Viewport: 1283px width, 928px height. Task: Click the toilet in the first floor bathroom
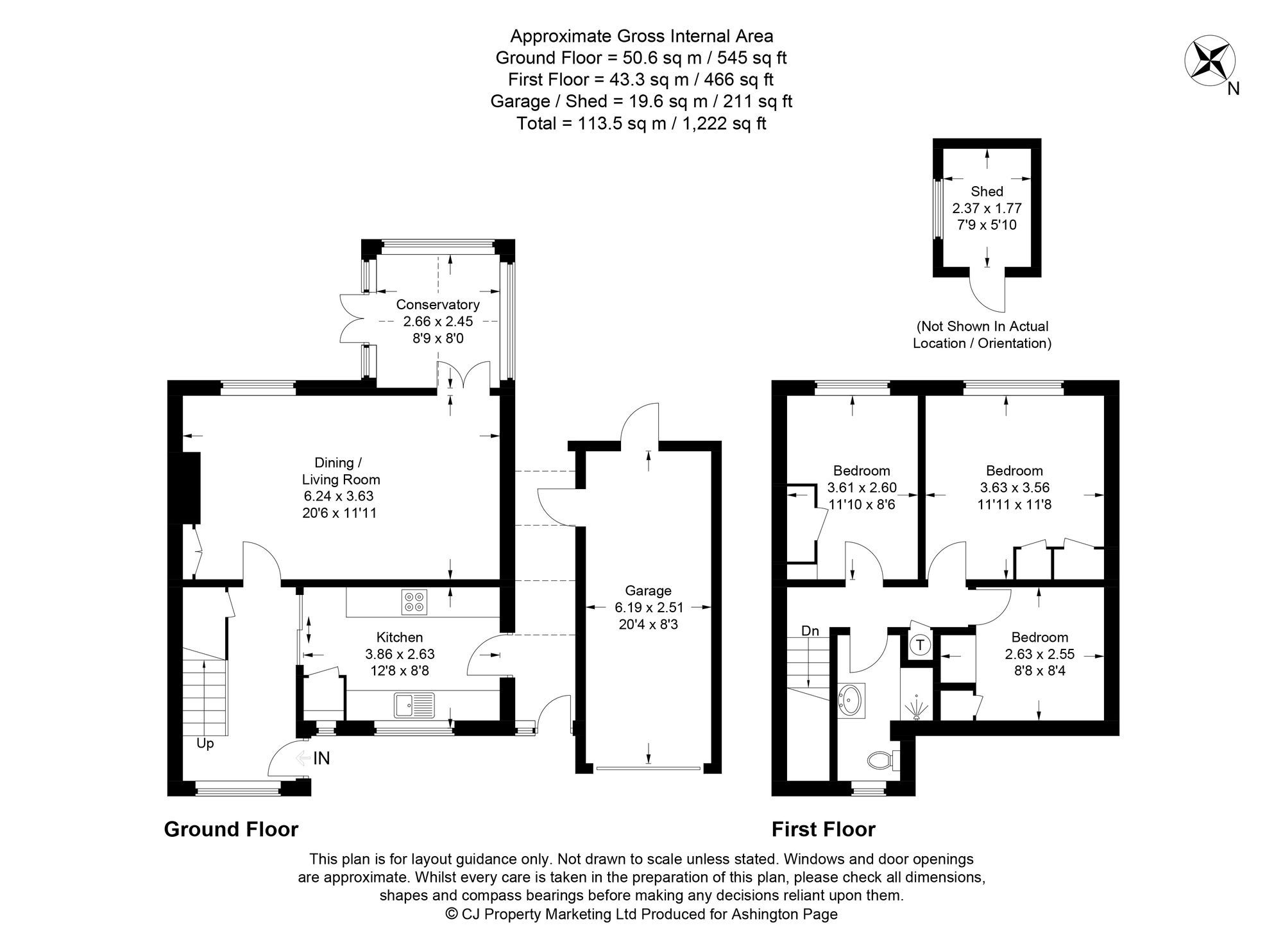pos(882,760)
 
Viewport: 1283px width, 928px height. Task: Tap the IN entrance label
pos(321,759)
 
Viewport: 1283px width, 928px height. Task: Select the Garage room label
pos(648,590)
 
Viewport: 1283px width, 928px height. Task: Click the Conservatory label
pos(438,304)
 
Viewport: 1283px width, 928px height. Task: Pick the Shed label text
pos(987,191)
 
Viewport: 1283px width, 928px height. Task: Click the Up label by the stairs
pos(205,744)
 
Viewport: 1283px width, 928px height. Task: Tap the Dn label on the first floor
pos(810,631)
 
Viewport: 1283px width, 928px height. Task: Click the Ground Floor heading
pos(231,829)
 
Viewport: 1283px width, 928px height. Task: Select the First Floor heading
pos(823,829)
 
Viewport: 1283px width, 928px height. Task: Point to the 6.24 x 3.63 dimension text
pos(338,496)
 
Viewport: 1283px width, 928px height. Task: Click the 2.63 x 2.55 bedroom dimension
pos(1039,655)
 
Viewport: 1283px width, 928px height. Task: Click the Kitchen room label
pos(399,637)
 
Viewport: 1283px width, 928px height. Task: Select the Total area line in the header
pos(641,123)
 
